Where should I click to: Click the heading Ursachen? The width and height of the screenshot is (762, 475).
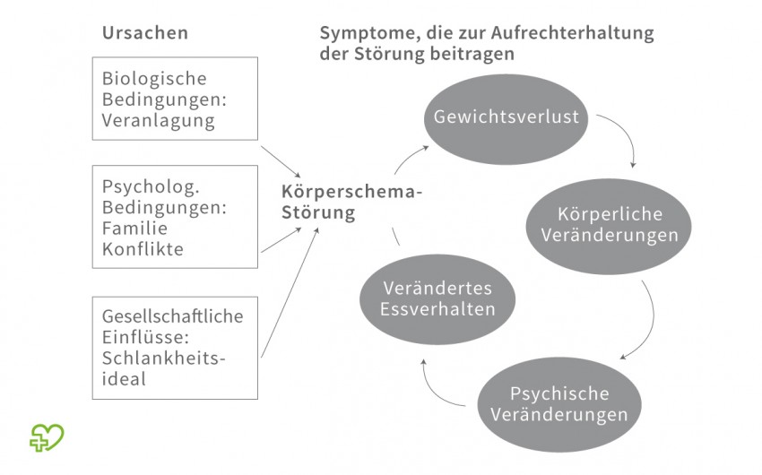click(145, 32)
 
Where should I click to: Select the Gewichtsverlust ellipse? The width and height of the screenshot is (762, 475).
click(506, 119)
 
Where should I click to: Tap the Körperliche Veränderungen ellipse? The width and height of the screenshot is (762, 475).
click(609, 227)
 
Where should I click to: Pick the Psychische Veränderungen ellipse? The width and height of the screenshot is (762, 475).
click(559, 404)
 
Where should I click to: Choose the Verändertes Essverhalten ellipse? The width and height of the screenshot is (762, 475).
click(437, 299)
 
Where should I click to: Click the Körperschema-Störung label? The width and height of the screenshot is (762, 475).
click(351, 203)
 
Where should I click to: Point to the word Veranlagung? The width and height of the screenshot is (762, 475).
click(158, 120)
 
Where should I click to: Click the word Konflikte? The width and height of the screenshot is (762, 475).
click(143, 249)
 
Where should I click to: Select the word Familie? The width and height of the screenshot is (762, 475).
click(128, 229)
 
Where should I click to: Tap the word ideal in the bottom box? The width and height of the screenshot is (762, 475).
click(124, 379)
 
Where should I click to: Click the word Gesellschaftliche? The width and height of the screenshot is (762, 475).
click(172, 316)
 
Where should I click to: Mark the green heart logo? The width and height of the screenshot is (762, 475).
click(47, 437)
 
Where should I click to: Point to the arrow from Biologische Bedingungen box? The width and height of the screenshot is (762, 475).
click(281, 161)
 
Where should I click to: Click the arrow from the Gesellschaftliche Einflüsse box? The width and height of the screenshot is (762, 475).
click(290, 293)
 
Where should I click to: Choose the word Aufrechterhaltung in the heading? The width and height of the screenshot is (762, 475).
click(572, 33)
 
